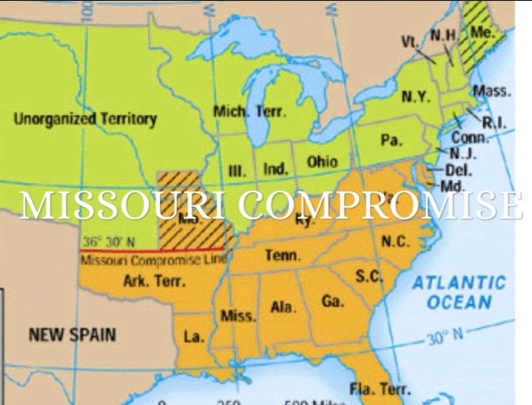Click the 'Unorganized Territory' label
[x=85, y=120]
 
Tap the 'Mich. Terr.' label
[x=250, y=111]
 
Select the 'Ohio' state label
[x=322, y=161]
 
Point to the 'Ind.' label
[x=276, y=169]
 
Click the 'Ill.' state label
[x=238, y=171]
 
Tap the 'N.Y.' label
[x=416, y=96]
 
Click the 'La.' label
[x=194, y=337]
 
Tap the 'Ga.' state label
[x=332, y=301]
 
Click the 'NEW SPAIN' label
[x=73, y=334]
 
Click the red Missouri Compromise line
[x=152, y=251]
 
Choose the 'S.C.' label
[x=368, y=276]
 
